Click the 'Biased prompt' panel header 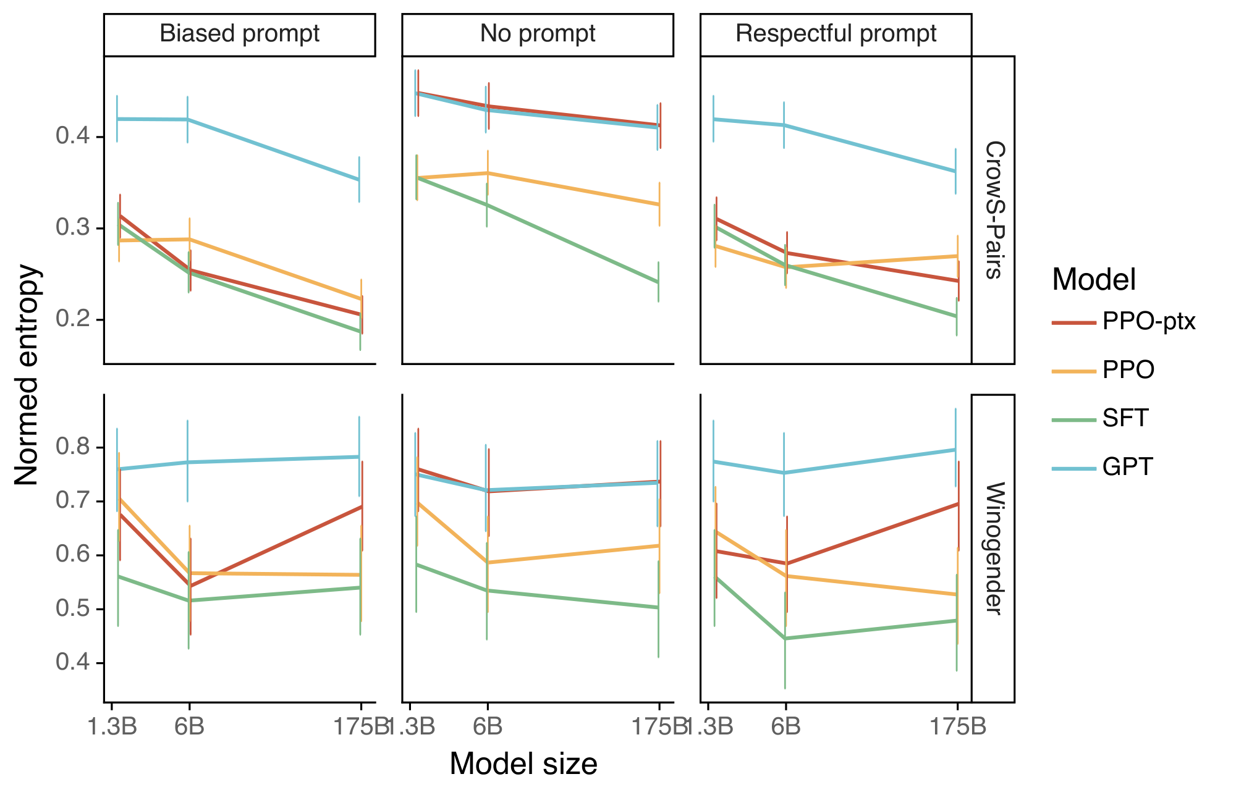(239, 34)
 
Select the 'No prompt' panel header (538, 34)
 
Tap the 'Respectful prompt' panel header (836, 34)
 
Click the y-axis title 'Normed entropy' (27, 375)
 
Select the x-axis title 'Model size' (523, 763)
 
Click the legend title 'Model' (1094, 280)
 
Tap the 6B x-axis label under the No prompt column (487, 727)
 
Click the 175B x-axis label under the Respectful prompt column (957, 727)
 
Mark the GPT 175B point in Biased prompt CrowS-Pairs (359, 180)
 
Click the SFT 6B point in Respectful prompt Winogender (785, 638)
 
